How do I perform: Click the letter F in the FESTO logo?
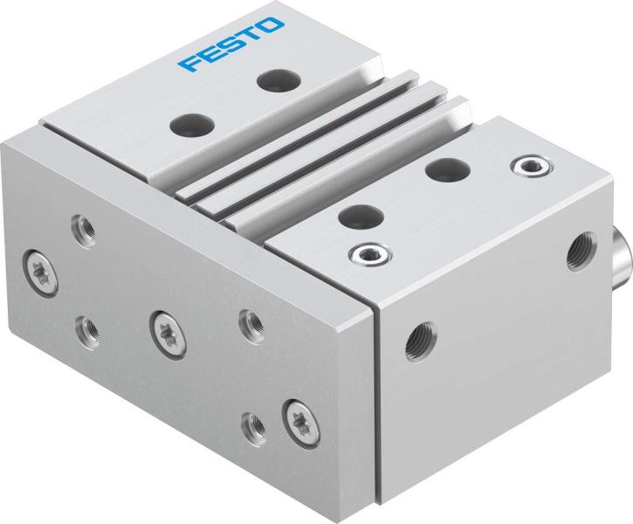pos(189,65)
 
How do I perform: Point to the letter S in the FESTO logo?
pos(231,45)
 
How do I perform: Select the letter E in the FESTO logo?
pos(210,55)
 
